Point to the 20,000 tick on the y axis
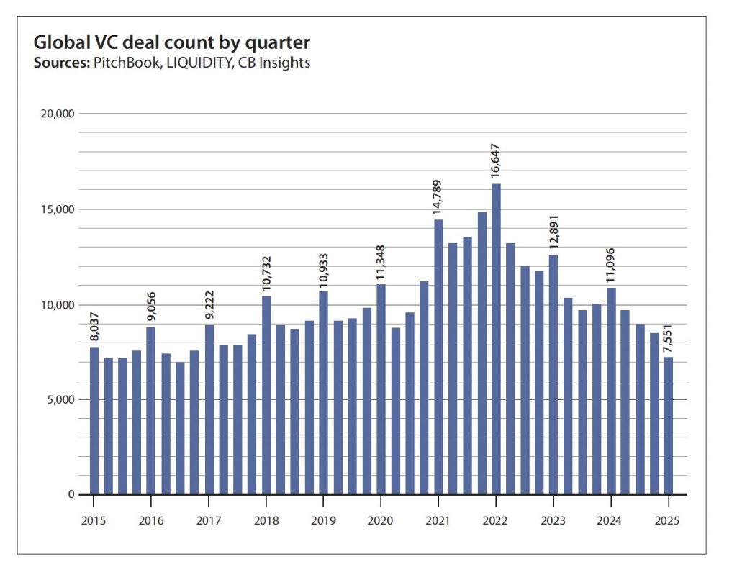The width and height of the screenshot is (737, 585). pos(55,114)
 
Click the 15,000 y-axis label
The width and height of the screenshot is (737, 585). pos(55,209)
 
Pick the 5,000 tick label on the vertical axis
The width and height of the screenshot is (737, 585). pos(58,399)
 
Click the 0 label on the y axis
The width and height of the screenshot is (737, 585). pos(71,494)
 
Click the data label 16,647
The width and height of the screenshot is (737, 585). pos(497,162)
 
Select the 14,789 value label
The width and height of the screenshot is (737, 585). pos(439,195)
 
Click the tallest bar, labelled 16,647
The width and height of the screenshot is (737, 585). pos(497,338)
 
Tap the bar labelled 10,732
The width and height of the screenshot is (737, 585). pos(266,396)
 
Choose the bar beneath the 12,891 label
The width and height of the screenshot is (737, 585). pos(553,374)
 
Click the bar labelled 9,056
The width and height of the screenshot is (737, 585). pos(151,411)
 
